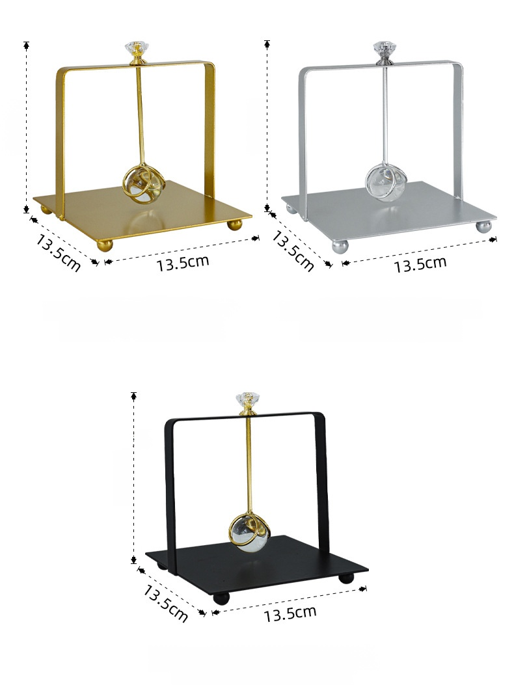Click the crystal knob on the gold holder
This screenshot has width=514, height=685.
click(135, 48)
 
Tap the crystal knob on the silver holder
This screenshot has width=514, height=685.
click(383, 48)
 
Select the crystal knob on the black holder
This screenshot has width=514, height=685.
click(246, 399)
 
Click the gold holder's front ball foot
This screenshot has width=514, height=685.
click(105, 245)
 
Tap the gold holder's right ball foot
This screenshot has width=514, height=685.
click(234, 225)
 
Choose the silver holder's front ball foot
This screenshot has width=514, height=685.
click(340, 246)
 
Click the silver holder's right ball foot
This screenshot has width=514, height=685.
click(483, 226)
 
